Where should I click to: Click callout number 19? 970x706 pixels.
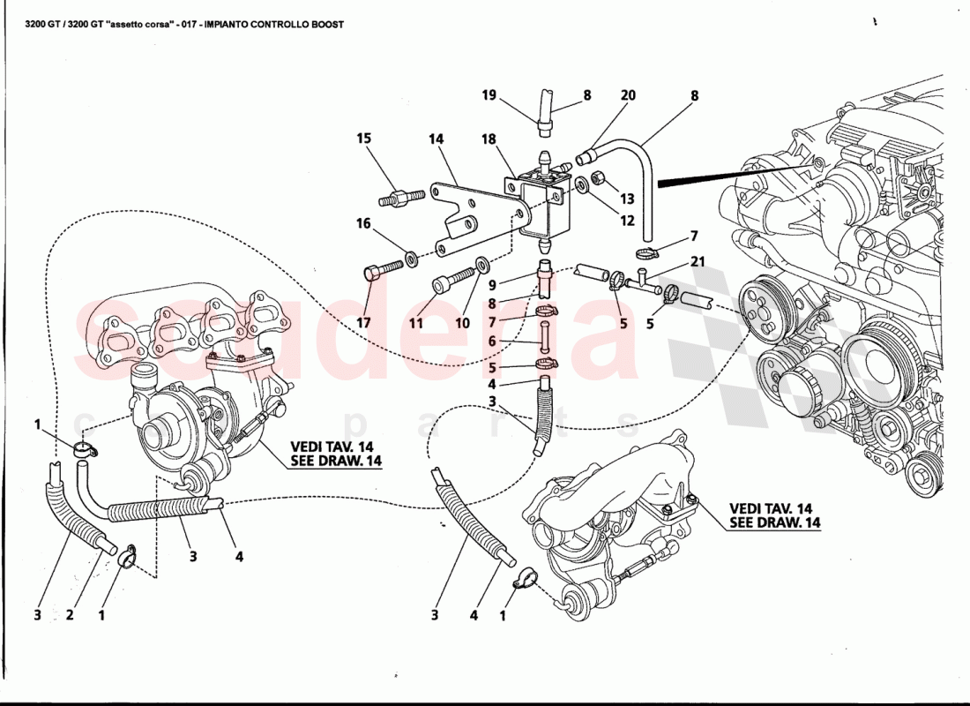click(489, 95)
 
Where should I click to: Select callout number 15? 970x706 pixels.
click(364, 139)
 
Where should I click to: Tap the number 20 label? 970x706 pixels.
click(628, 95)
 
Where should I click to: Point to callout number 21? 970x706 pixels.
click(698, 262)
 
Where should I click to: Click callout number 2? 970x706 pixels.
click(70, 615)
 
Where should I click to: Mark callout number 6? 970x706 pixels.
click(493, 341)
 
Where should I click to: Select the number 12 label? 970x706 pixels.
click(627, 221)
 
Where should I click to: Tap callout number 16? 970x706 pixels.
click(364, 223)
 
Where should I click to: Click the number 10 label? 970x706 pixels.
click(462, 324)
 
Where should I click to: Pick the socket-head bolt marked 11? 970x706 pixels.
click(443, 285)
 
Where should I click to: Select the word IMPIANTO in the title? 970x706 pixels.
click(227, 25)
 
